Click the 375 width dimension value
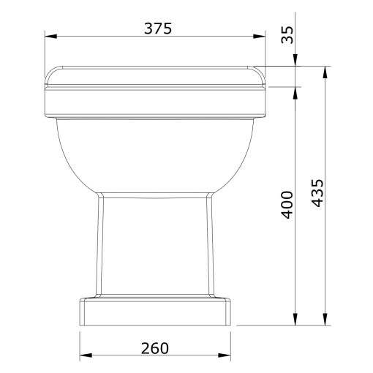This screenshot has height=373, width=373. [x=158, y=29]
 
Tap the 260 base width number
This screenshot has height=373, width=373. [x=155, y=348]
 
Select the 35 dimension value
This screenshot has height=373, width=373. [x=287, y=35]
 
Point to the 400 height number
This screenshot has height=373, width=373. [x=287, y=205]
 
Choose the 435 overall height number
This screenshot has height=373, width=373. [x=317, y=193]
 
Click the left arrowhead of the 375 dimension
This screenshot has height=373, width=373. [x=50, y=37]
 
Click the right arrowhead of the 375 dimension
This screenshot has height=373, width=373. [x=259, y=37]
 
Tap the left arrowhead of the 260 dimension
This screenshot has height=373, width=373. [x=86, y=355]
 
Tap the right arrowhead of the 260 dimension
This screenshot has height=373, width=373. [x=225, y=355]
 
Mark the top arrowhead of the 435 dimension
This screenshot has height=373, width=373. [x=325, y=72]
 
